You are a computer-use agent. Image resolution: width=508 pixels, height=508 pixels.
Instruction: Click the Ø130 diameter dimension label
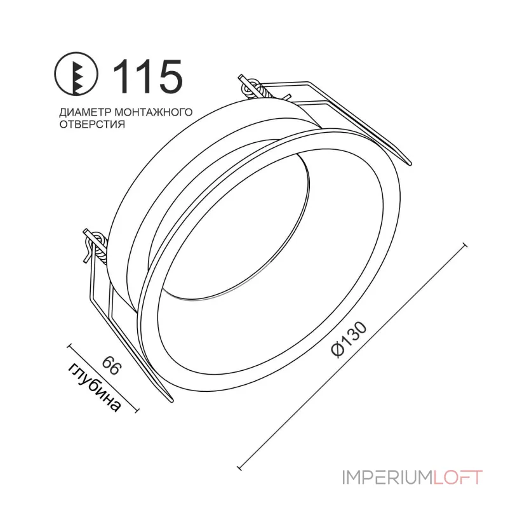coord(352,339)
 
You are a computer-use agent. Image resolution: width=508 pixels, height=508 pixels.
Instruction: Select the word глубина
coord(96,387)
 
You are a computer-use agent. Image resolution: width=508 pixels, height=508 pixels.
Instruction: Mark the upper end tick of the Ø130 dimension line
coord(465,244)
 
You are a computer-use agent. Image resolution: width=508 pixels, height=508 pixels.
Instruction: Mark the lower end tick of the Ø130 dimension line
coord(241,468)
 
